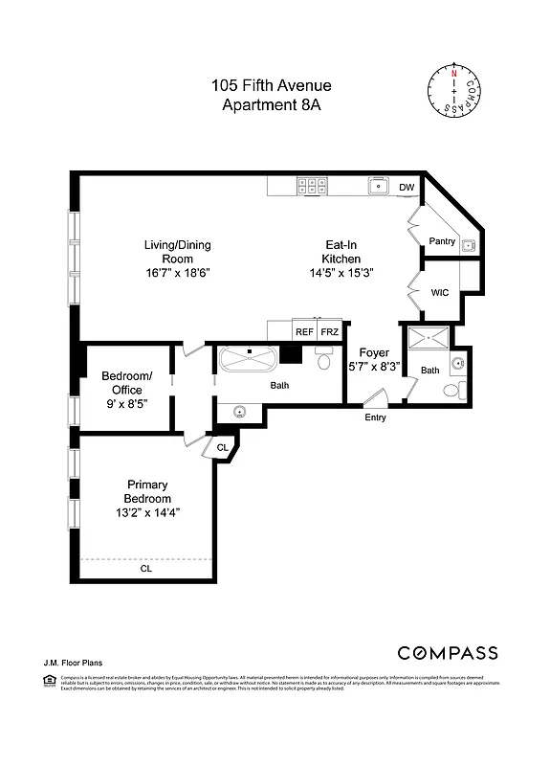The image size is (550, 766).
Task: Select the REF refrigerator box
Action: point(304,331)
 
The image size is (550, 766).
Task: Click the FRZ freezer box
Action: point(329,331)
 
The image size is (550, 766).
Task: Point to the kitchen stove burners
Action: point(312,186)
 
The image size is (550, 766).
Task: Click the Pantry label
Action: point(442,241)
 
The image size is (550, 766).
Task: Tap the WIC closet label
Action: point(440,293)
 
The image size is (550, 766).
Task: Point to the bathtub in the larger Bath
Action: point(248,361)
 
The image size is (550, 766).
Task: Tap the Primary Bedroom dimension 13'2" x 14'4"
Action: point(148,512)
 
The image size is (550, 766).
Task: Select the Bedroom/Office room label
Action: point(127,383)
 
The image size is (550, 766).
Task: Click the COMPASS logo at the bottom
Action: point(447,653)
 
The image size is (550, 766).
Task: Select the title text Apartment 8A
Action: point(272,105)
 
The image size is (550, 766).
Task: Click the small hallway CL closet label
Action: point(222,447)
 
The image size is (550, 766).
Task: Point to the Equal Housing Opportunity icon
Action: point(49,680)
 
